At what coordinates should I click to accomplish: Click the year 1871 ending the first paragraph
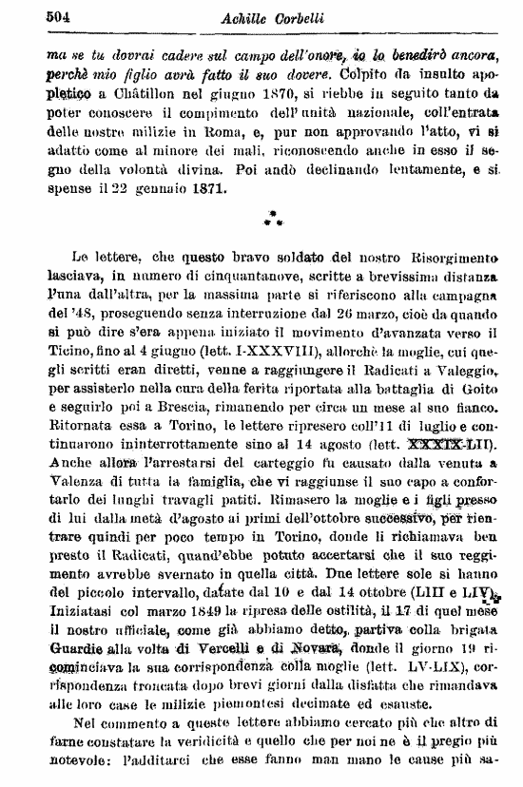click(207, 187)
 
